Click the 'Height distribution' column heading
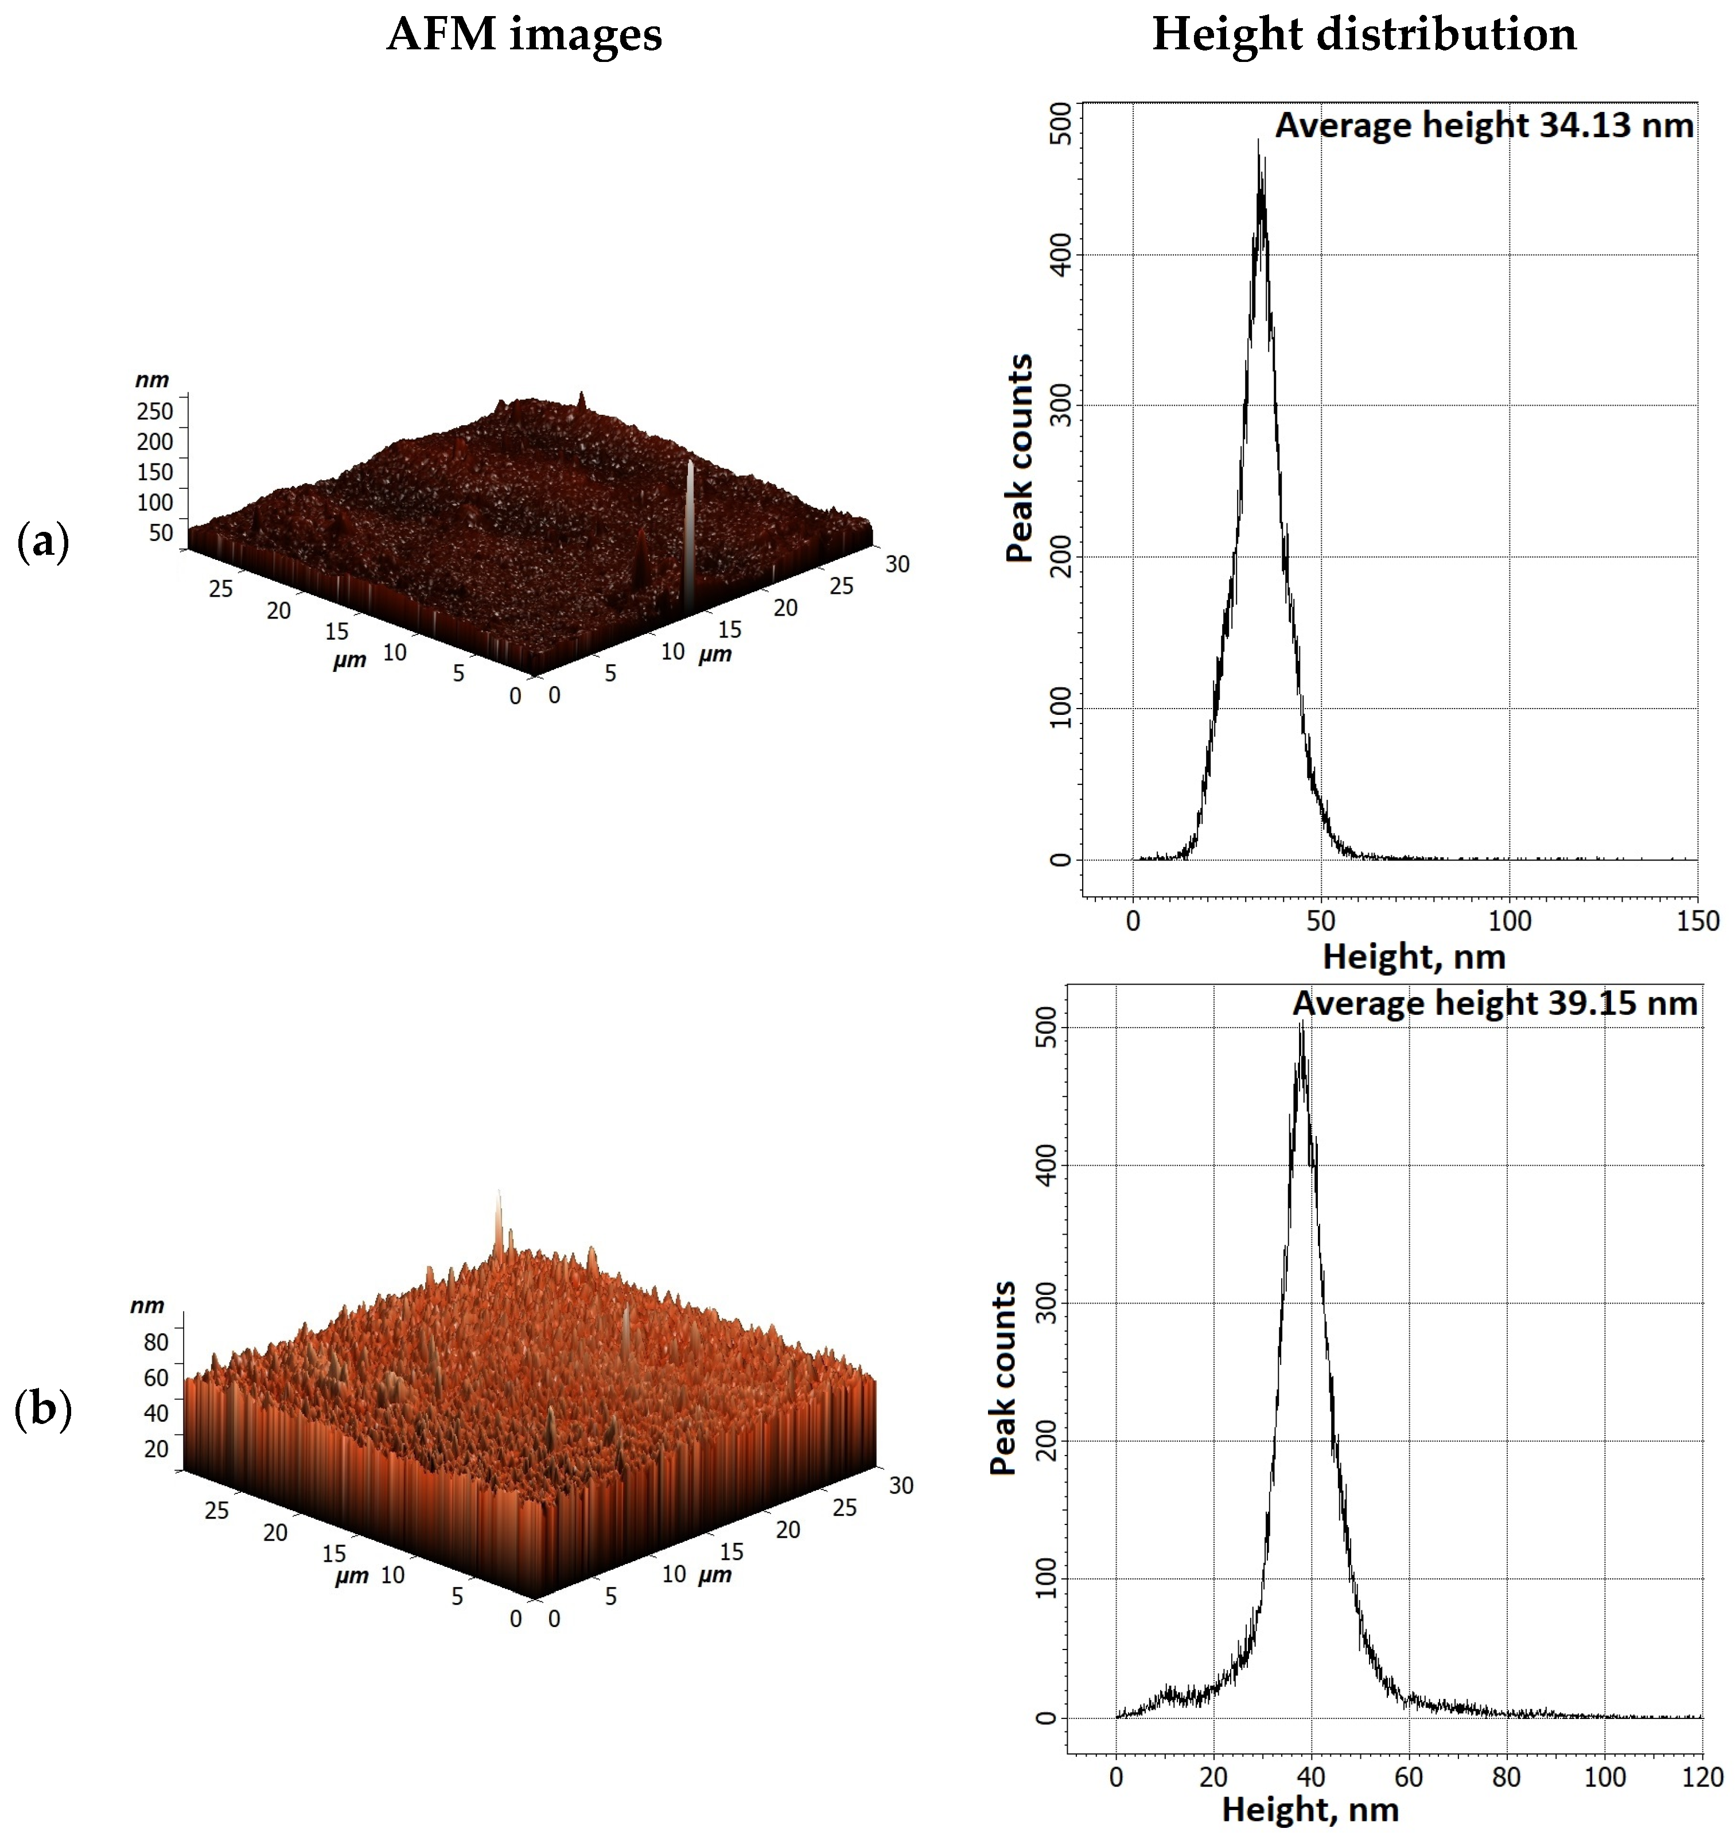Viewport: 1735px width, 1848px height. click(x=1363, y=36)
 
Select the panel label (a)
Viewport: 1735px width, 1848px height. click(x=43, y=541)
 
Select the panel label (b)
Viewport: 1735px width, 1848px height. click(x=43, y=1409)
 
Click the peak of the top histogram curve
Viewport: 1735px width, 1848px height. click(x=1259, y=141)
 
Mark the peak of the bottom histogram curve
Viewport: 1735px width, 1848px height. click(x=1302, y=1022)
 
